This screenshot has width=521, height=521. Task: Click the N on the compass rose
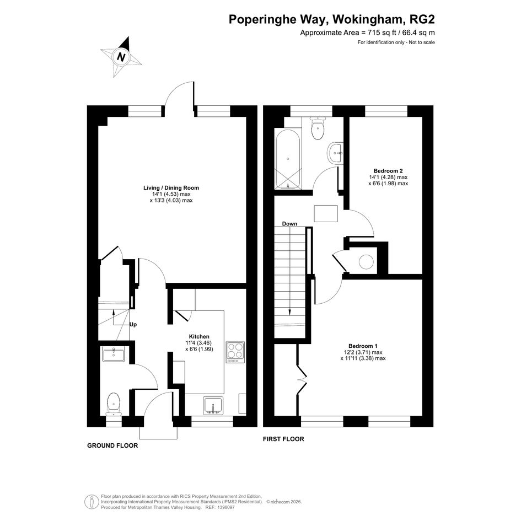[x=121, y=57]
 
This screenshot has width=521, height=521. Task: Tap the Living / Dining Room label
[x=171, y=188]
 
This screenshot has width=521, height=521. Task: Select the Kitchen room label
[x=199, y=337]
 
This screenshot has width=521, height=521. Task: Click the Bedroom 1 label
[x=363, y=346]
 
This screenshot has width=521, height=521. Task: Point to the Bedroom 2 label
[x=388, y=171]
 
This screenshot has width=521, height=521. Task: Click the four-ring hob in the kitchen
[x=235, y=352]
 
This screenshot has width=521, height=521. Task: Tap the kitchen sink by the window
[x=213, y=406]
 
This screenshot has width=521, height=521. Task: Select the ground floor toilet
[x=114, y=404]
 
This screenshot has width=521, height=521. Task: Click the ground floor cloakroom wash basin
[x=114, y=354]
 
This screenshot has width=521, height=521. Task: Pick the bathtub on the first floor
[x=287, y=158]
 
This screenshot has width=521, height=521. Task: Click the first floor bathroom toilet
[x=318, y=128]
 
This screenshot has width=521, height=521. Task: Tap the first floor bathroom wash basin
[x=335, y=153]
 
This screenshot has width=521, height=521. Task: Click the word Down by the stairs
[x=289, y=224]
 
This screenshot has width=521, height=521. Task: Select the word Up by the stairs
[x=133, y=325]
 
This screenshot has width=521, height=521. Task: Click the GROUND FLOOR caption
[x=112, y=445]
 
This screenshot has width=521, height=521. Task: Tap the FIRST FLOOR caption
[x=283, y=439]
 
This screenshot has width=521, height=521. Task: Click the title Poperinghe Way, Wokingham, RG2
[x=331, y=19]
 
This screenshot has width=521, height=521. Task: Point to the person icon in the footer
[x=92, y=501]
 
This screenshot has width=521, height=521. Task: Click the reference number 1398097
[x=225, y=508]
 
